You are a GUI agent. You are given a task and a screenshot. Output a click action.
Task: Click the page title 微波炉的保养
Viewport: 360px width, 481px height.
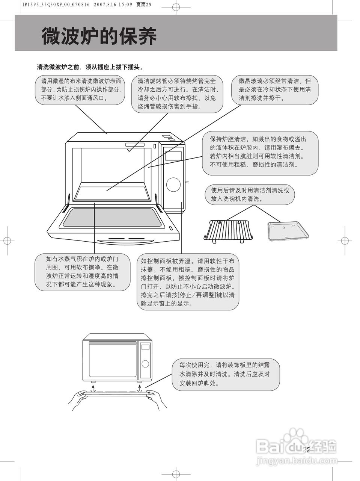coord(99,36)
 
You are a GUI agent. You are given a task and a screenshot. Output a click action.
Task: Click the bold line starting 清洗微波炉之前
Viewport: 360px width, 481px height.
coord(90,67)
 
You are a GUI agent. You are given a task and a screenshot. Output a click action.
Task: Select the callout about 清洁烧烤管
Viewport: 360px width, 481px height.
coord(177,94)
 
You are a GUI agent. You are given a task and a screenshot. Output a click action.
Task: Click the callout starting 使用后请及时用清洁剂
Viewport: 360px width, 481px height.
coord(250,195)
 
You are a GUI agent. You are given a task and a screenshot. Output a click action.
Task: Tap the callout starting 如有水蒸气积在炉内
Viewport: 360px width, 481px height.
coord(83,272)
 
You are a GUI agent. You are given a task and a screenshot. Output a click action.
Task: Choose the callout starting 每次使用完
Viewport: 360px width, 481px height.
coord(226,374)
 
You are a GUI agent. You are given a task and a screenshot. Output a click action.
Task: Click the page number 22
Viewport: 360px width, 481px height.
coord(306,450)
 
